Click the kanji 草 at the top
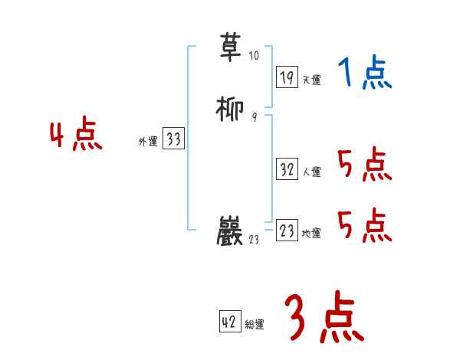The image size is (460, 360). (x=232, y=47)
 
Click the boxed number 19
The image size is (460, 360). (x=287, y=77)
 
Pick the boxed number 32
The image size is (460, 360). (x=287, y=170)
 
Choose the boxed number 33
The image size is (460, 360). (x=173, y=139)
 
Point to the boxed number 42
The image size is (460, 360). (x=229, y=322)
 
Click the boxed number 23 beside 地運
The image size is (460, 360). (x=287, y=231)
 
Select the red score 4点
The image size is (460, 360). (x=76, y=137)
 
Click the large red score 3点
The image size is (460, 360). (x=323, y=318)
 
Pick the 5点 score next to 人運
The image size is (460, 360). (x=364, y=165)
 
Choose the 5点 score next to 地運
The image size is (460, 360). (x=364, y=225)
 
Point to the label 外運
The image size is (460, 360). (x=147, y=142)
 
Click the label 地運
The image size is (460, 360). (x=311, y=234)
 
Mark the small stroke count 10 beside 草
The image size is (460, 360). (x=254, y=55)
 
